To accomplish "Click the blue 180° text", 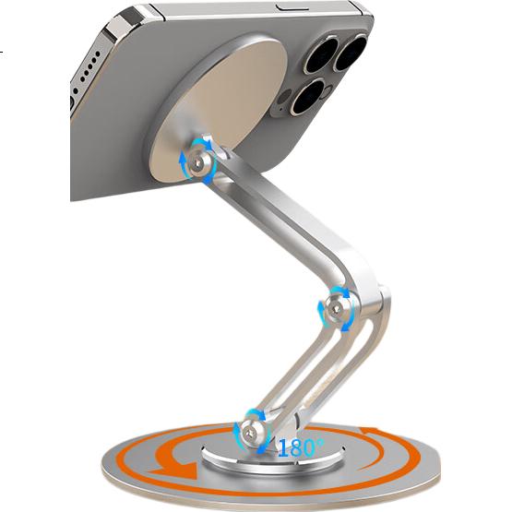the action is pos(301,447).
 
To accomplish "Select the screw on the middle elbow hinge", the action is pos(337,308).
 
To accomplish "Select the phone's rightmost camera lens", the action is pos(351,54).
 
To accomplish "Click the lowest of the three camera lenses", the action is pos(307,97).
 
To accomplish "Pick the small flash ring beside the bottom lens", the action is pos(328,89).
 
